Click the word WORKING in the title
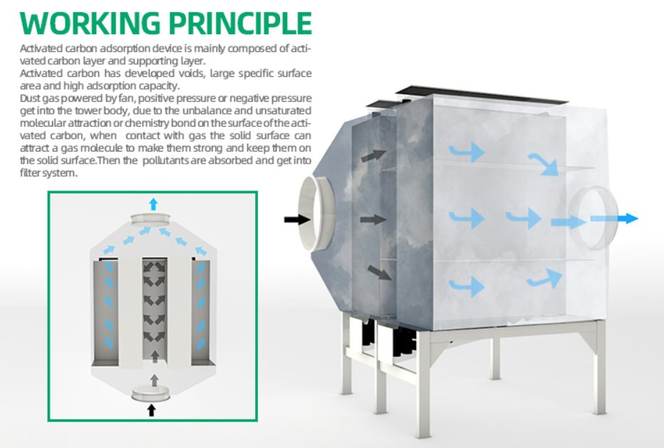click(90, 23)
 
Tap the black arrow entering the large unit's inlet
click(297, 219)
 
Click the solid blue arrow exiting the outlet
click(614, 218)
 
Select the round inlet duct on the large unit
click(317, 213)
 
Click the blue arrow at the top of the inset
click(154, 204)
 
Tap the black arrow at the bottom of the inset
click(151, 410)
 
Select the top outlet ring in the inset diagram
click(150, 219)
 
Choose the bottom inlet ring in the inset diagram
click(151, 393)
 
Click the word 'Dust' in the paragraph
click(30, 98)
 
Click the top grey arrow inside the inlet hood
click(373, 156)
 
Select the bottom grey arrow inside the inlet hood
click(380, 272)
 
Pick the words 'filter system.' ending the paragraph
click(49, 173)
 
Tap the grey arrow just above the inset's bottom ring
click(154, 380)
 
